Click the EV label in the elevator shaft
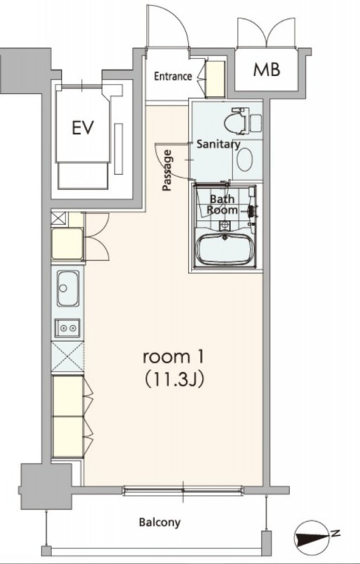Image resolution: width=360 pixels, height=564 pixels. pos(83,128)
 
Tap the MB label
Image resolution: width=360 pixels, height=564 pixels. pos(266,70)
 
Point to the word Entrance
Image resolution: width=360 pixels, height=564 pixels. pos(173,76)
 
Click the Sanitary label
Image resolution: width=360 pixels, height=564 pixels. pos(218,145)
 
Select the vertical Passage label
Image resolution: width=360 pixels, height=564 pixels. pos(167,170)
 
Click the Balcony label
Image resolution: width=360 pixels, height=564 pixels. pos(160,522)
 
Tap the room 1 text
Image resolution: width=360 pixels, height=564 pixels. pos(173,357)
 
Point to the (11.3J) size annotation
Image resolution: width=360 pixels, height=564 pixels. pos(174,379)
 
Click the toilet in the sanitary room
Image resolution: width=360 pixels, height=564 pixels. pos(242,121)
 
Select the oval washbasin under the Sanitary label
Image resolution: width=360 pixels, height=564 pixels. pos(244,160)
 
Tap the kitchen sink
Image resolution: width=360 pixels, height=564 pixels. pos(68,288)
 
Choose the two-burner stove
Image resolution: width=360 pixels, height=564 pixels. pos(68,328)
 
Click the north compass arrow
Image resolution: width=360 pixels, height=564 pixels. pos(314,536)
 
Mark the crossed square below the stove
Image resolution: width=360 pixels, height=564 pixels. pos(68,357)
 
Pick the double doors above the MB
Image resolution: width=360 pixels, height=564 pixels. pos(266,32)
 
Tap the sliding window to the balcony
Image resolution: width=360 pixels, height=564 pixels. pos(183,490)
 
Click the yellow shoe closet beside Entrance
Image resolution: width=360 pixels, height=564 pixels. pos(216,79)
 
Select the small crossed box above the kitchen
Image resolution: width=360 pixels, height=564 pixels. pos(59,219)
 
